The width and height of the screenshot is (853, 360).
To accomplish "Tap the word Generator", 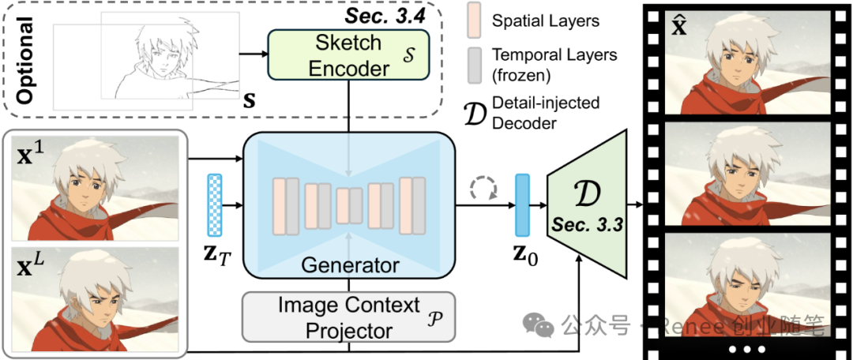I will (350, 265).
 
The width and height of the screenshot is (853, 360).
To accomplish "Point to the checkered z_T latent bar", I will (214, 205).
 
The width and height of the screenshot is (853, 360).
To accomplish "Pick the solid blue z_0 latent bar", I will (522, 205).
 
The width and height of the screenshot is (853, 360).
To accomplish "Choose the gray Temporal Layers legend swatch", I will (475, 64).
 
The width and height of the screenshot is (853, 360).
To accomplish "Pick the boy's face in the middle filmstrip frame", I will (727, 167).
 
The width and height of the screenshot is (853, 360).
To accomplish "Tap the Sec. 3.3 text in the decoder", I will (585, 226).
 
